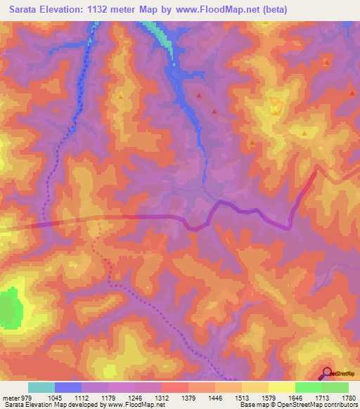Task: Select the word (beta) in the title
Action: pos(271,11)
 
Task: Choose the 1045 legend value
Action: pos(55,397)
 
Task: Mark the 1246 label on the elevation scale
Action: pos(136,397)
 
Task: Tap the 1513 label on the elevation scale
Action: pos(243,397)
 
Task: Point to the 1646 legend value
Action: pos(296,397)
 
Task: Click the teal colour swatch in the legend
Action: pos(41,387)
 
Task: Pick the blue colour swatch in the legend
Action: pos(68,387)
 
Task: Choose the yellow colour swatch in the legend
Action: pos(282,387)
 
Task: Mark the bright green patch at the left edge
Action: pos(8,308)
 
